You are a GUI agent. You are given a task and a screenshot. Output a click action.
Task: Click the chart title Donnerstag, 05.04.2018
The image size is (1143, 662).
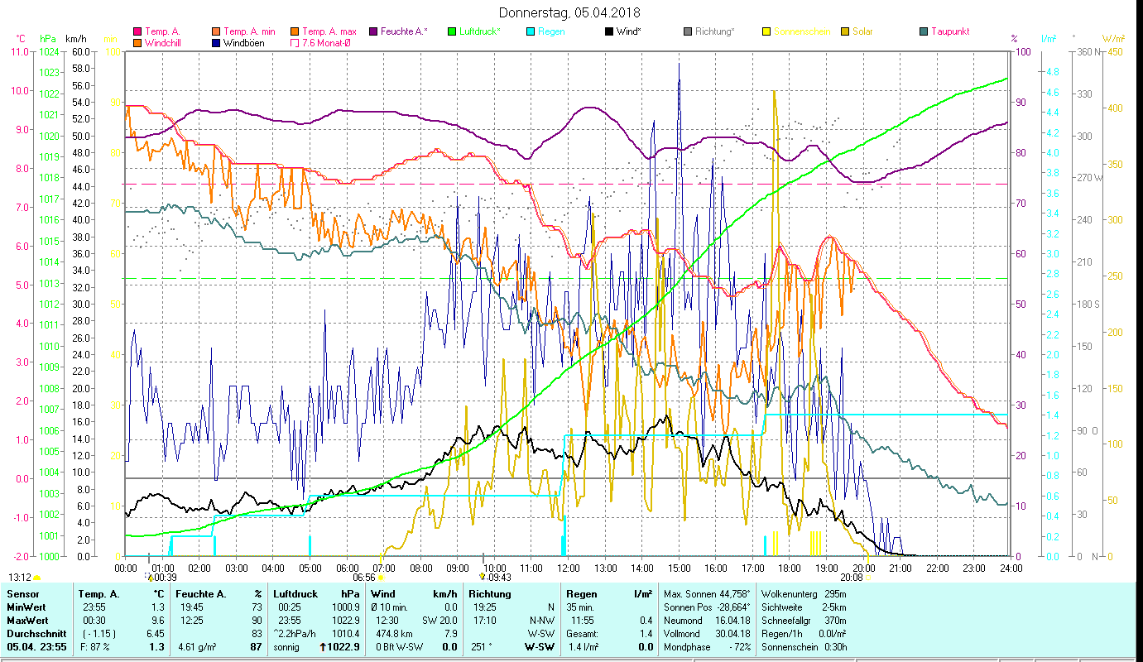pos(570,12)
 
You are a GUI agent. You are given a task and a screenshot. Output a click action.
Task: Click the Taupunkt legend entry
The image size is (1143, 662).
pos(949,31)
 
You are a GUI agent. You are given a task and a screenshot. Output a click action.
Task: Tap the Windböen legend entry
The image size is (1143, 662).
pos(243,42)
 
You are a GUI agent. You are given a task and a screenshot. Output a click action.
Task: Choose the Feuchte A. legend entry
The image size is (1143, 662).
pos(403,31)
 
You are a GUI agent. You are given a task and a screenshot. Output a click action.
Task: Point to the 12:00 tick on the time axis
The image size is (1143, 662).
pos(567,568)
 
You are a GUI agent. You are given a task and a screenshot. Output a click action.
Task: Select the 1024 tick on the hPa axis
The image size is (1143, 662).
pos(49,51)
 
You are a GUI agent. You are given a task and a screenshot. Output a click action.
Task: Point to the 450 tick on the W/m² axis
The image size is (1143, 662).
pos(1115,51)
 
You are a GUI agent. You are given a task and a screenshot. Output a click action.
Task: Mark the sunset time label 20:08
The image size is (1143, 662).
pos(851,577)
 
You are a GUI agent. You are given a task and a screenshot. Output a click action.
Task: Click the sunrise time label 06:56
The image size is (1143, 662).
pos(365,577)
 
